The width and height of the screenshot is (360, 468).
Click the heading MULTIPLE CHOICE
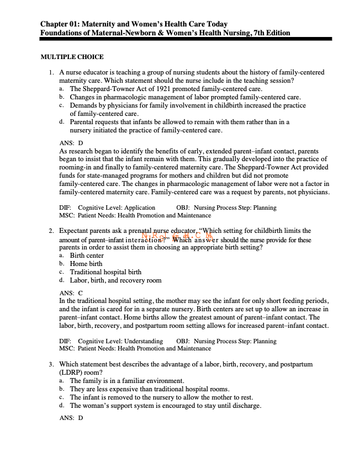tap(72, 57)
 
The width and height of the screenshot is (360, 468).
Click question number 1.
tap(50, 72)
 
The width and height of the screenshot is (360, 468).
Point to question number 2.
tap(50, 231)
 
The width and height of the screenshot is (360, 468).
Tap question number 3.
tap(50, 365)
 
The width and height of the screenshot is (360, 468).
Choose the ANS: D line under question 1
tap(71, 142)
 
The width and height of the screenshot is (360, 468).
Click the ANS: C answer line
tap(71, 292)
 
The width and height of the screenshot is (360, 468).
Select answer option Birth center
tap(87, 256)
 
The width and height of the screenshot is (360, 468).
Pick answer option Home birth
tap(86, 264)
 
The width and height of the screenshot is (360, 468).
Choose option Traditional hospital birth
tap(105, 272)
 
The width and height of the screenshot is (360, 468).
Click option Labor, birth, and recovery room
tap(115, 280)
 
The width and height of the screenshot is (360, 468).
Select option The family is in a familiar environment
tap(127, 381)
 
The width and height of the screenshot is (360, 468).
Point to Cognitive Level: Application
tap(117, 208)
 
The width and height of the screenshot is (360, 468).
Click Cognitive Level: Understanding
tap(120, 341)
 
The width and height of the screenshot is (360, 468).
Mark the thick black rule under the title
tap(186, 39)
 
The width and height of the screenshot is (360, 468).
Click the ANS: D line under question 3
tap(71, 418)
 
